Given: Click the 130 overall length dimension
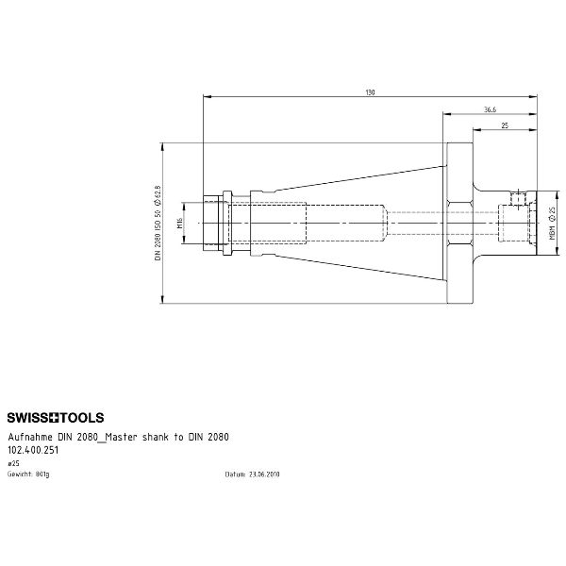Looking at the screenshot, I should pyautogui.click(x=370, y=92).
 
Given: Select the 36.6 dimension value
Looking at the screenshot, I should pyautogui.click(x=490, y=109).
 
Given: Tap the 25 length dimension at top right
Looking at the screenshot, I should pyautogui.click(x=506, y=125).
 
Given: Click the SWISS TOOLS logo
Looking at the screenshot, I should pyautogui.click(x=56, y=417).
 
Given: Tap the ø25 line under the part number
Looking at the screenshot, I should pyautogui.click(x=13, y=464).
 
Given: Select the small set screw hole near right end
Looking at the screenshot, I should pyautogui.click(x=517, y=199).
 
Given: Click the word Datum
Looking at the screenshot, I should pyautogui.click(x=234, y=474).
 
